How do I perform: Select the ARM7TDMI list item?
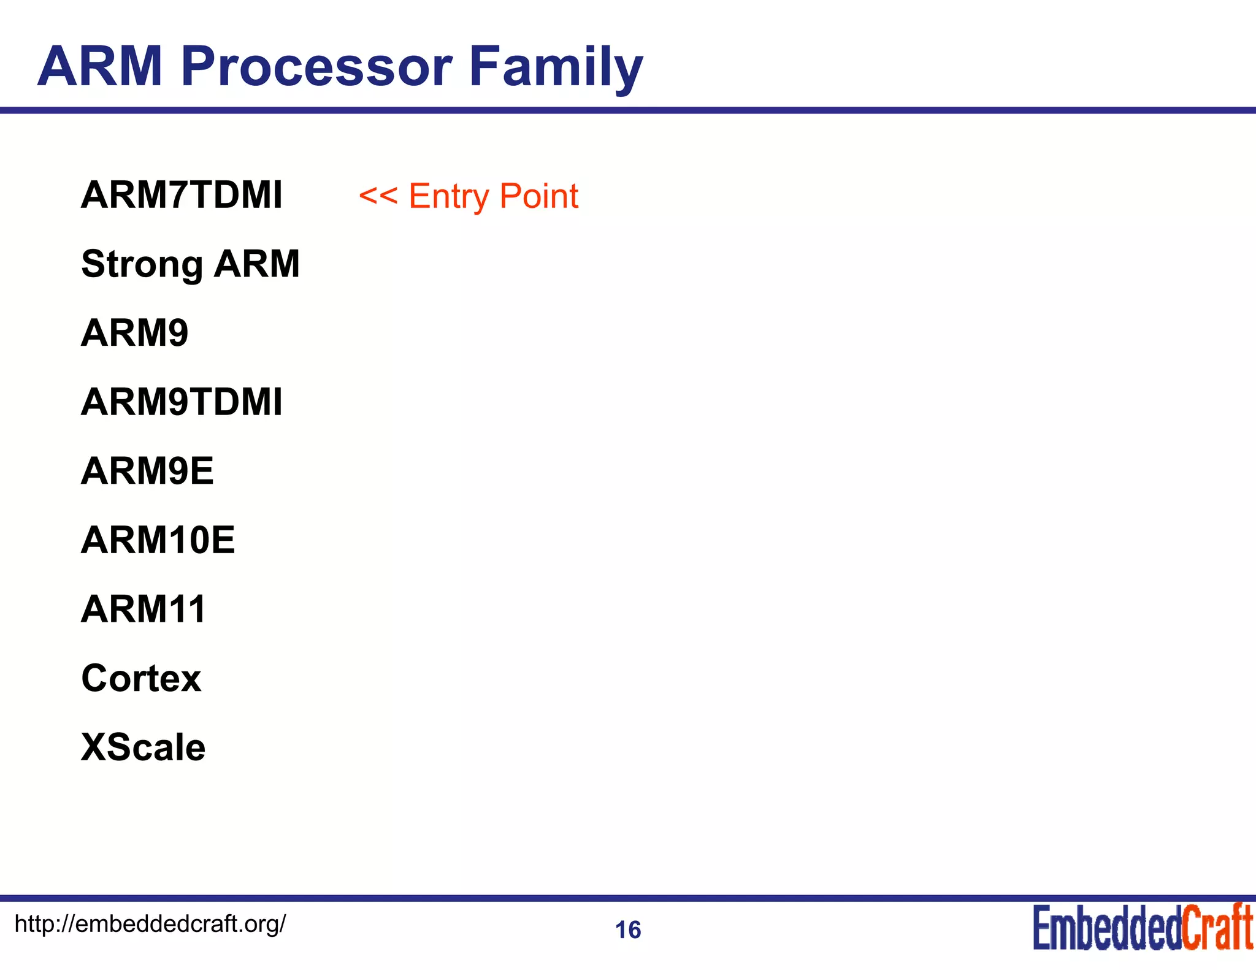[x=182, y=195]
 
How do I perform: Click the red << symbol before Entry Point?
[x=378, y=196]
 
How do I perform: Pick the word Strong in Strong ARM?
[x=142, y=264]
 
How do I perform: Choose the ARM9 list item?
[x=134, y=333]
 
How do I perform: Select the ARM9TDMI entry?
[x=182, y=402]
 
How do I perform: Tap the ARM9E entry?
[x=147, y=471]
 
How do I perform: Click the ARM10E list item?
[x=158, y=540]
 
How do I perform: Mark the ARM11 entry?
[x=144, y=609]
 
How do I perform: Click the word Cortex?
[x=141, y=678]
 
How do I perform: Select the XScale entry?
[x=143, y=747]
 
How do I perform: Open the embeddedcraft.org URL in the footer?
[x=150, y=923]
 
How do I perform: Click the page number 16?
[x=628, y=930]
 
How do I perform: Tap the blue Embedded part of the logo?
[x=1106, y=928]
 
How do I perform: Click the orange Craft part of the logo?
[x=1217, y=928]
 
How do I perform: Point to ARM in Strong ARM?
[x=257, y=264]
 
